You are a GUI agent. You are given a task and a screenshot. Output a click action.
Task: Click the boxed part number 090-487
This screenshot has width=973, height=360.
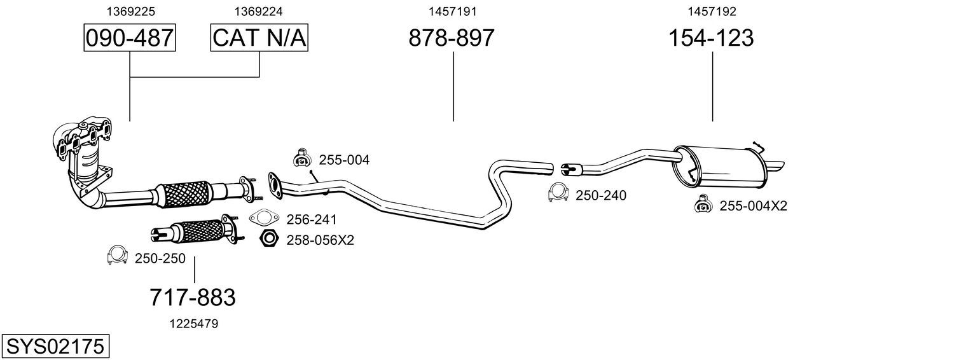click(x=130, y=38)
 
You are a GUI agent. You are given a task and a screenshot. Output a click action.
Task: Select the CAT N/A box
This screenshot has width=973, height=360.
click(x=259, y=38)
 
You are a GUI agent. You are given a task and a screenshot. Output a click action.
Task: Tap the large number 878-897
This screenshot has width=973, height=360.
click(x=451, y=38)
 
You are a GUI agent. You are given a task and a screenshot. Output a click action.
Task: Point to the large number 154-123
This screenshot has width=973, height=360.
click(x=710, y=38)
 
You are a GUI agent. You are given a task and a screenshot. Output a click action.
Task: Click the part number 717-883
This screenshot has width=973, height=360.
click(x=193, y=297)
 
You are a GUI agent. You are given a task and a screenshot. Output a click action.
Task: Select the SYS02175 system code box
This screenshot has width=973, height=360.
click(x=55, y=347)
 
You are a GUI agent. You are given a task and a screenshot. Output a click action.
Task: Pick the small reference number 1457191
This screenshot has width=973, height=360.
click(x=452, y=11)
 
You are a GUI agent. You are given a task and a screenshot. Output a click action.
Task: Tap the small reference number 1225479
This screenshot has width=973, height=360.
click(x=193, y=324)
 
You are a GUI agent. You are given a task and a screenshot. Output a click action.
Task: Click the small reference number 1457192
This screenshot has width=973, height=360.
click(x=712, y=11)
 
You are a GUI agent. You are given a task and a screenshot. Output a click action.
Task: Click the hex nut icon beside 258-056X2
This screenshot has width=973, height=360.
click(x=269, y=239)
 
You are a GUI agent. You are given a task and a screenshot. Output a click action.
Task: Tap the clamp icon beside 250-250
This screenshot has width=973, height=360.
click(x=117, y=255)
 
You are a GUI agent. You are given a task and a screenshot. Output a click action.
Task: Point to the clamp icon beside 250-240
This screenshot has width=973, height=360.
click(x=558, y=193)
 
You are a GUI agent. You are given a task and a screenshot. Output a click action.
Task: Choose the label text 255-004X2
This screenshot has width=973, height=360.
click(x=753, y=206)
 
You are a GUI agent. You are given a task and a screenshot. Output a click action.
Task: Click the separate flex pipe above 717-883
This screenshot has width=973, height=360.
click(x=194, y=232)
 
